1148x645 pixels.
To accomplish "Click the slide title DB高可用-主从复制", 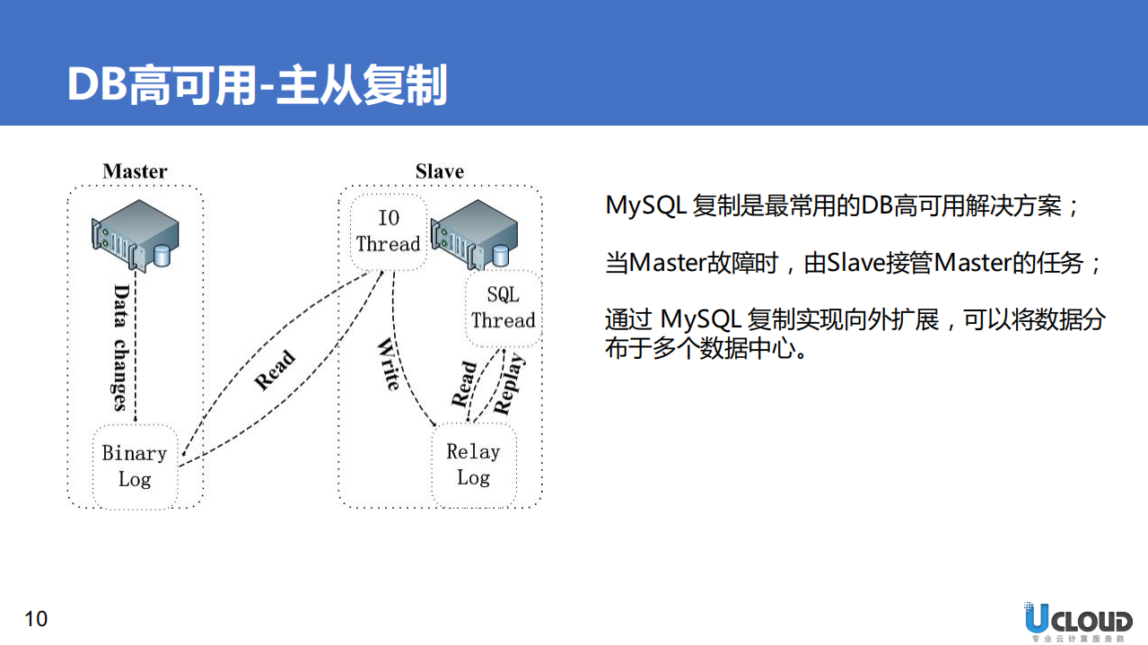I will tap(257, 86).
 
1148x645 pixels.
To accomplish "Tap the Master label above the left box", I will tap(135, 171).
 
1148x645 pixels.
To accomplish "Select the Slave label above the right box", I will tap(439, 171).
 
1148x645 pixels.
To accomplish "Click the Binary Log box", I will tap(135, 466).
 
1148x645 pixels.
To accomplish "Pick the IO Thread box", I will tap(388, 231).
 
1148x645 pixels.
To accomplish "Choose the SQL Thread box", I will tap(503, 308).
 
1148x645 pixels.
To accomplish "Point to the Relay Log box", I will tap(473, 465).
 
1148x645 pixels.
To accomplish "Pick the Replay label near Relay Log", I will tap(509, 384).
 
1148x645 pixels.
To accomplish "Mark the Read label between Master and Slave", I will tap(275, 370).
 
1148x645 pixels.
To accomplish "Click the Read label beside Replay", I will tap(464, 384).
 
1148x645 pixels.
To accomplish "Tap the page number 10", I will tap(36, 619).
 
